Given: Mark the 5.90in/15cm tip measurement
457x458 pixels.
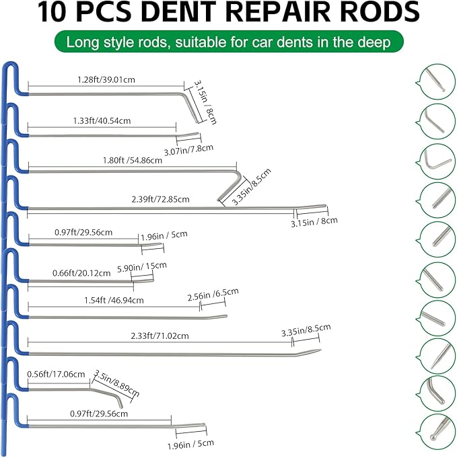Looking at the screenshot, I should tap(141, 267).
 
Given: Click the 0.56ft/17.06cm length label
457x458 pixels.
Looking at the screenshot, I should tap(56, 374).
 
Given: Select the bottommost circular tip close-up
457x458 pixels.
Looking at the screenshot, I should tap(435, 426).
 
